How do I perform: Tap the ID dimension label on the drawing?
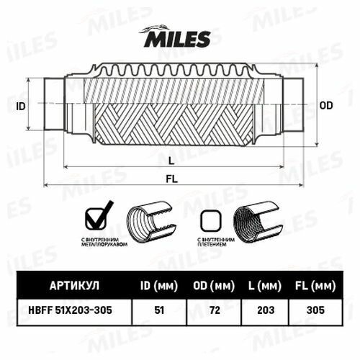tap(21, 107)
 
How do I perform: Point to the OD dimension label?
tap(326, 106)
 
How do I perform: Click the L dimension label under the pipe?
tap(171, 161)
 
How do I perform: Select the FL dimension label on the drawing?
tap(172, 179)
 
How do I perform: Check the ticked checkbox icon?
tap(99, 216)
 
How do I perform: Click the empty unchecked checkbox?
tap(211, 221)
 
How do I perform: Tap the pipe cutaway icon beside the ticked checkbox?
tap(152, 222)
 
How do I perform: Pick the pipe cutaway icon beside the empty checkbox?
tap(258, 222)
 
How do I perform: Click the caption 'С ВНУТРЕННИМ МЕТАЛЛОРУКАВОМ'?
tap(104, 242)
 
